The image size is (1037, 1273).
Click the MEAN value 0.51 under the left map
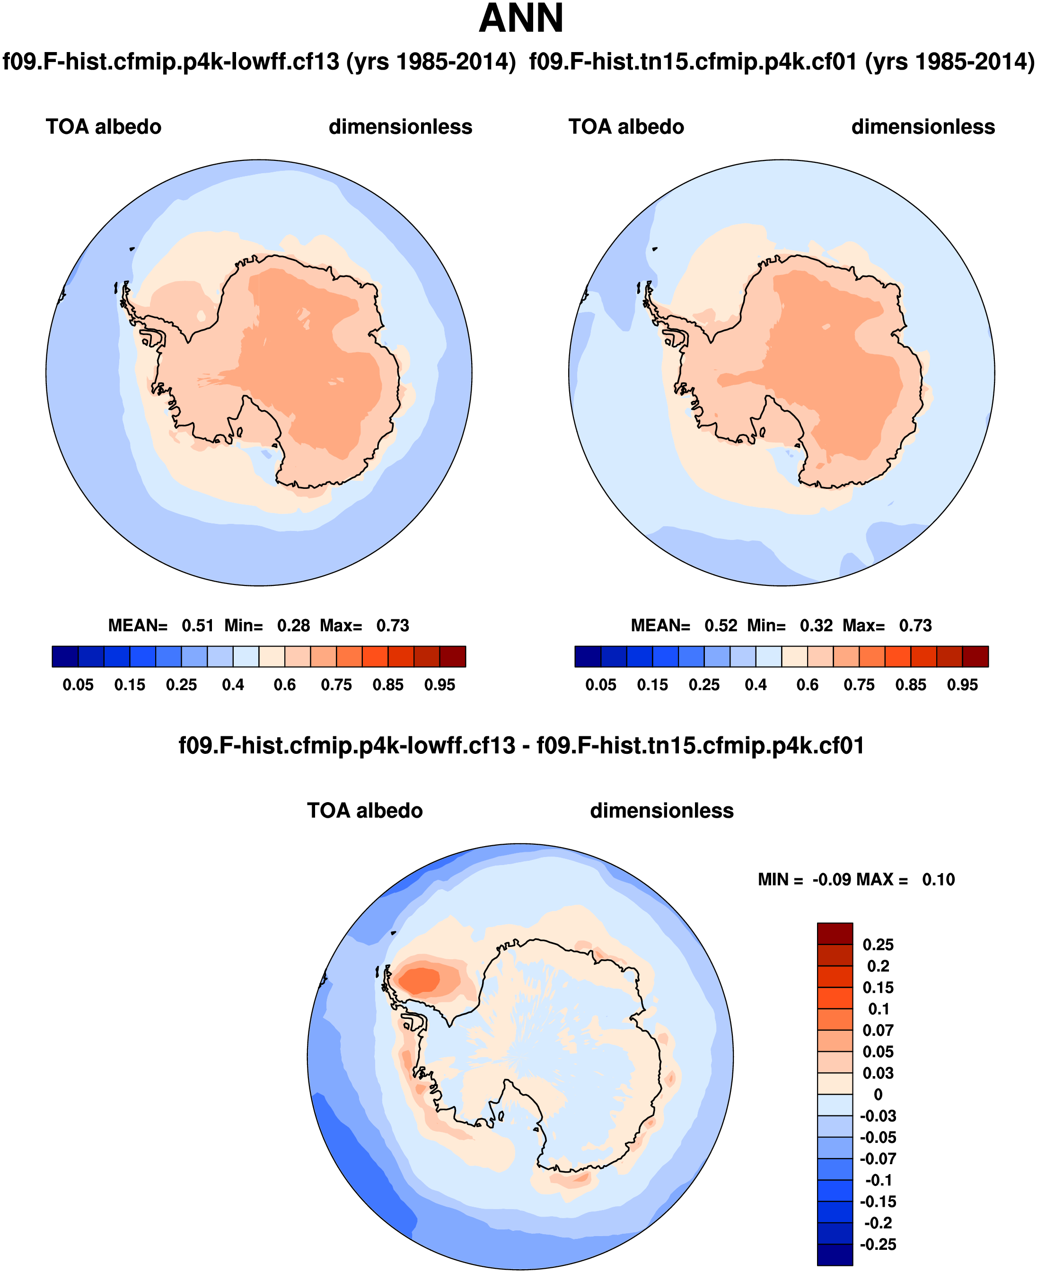coord(198,626)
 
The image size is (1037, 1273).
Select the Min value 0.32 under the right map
coord(816,626)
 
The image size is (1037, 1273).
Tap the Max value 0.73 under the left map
coord(393,626)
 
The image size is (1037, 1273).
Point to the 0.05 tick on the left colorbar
coord(78,685)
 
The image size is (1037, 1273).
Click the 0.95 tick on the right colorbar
coord(962,685)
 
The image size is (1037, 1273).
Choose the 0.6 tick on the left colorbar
coord(285,685)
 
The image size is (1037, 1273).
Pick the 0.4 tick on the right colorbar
coord(756,685)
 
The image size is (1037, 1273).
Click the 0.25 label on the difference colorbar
coord(878,945)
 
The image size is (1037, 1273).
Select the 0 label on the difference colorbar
coord(878,1095)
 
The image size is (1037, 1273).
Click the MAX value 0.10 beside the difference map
coord(939,879)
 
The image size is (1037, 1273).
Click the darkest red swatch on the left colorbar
coord(452,656)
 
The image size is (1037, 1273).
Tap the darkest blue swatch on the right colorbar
coord(588,656)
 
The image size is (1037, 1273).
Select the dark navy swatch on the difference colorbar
coord(835,1255)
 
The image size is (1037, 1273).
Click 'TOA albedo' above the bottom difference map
coord(364,811)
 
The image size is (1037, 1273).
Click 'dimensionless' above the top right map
coord(923,127)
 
